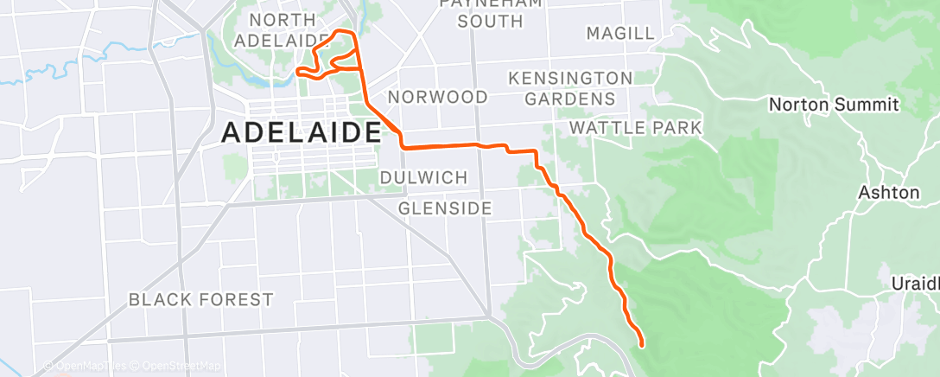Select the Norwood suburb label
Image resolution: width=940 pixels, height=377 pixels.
coord(438,96)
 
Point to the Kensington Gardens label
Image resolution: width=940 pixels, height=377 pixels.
coord(570,88)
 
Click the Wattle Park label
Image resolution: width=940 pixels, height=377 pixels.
coord(635,129)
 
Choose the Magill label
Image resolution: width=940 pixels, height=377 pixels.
coord(620,34)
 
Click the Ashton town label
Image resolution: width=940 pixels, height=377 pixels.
coord(889,192)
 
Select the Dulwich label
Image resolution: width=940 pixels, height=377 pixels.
coord(423,177)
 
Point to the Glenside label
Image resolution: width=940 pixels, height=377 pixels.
coord(446,208)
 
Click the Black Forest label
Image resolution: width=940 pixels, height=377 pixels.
coord(200,300)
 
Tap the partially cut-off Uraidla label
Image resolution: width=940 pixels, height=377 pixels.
coord(915,284)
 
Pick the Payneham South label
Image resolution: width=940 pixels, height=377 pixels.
coord(478,11)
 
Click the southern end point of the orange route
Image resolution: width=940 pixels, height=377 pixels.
coord(642,345)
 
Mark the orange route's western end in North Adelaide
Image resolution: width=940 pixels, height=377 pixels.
coord(298,71)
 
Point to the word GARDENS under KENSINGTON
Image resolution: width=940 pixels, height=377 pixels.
coord(570,99)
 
